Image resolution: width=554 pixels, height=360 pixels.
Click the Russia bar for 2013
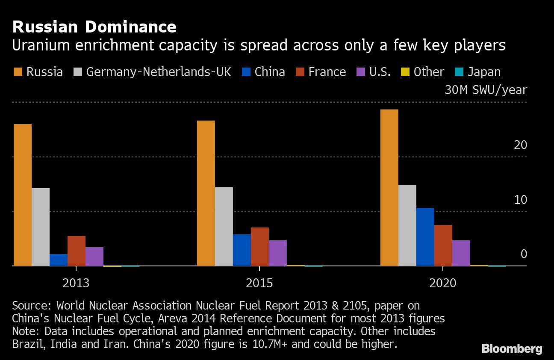click(23, 195)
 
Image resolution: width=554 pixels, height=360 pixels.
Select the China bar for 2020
click(425, 237)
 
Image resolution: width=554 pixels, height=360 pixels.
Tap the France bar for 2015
click(259, 247)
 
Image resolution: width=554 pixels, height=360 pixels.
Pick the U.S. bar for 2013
click(94, 257)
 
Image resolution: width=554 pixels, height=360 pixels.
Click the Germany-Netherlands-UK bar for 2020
click(407, 225)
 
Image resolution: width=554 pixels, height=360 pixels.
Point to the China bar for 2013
click(59, 260)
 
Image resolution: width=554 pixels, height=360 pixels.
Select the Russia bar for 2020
click(389, 188)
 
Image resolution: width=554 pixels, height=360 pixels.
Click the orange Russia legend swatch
click(18, 72)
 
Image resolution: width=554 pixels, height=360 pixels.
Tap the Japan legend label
click(484, 72)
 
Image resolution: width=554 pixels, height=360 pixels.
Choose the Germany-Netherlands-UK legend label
click(159, 72)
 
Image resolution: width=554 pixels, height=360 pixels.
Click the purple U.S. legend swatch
click(360, 72)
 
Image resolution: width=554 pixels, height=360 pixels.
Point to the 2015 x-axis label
click(259, 283)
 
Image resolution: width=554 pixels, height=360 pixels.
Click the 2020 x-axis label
click(442, 283)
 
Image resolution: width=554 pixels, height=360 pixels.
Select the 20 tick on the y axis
click(520, 145)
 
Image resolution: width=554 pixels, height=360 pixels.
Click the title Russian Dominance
click(94, 27)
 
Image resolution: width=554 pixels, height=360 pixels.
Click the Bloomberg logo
click(512, 348)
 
